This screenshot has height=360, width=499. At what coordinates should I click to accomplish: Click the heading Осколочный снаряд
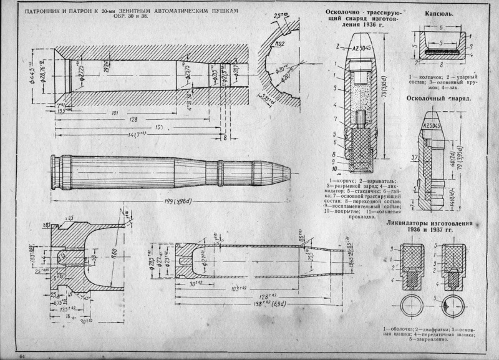438,98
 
